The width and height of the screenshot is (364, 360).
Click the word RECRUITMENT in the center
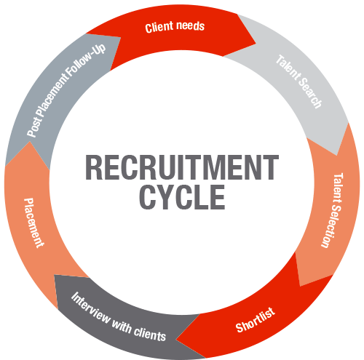click(x=182, y=167)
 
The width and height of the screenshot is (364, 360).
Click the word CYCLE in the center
click(x=182, y=197)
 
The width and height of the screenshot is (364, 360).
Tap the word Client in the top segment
click(x=159, y=27)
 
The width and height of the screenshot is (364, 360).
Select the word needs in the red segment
click(x=190, y=25)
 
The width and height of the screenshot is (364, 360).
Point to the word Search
click(x=310, y=92)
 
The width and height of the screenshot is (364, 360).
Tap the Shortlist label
click(x=256, y=320)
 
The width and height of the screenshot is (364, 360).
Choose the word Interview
click(x=90, y=308)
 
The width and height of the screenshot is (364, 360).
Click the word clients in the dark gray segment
click(x=150, y=334)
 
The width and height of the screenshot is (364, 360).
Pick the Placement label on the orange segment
click(x=33, y=223)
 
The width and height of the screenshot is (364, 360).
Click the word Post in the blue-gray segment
click(x=35, y=127)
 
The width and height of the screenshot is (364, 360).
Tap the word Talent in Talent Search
click(x=288, y=67)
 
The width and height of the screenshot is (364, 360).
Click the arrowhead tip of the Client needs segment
click(x=256, y=44)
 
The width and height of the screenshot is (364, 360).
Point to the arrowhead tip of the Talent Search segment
click(x=336, y=155)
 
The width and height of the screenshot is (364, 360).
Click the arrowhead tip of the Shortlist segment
click(x=176, y=339)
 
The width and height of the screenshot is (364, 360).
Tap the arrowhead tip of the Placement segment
click(x=30, y=142)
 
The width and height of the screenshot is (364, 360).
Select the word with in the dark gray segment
click(x=122, y=327)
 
